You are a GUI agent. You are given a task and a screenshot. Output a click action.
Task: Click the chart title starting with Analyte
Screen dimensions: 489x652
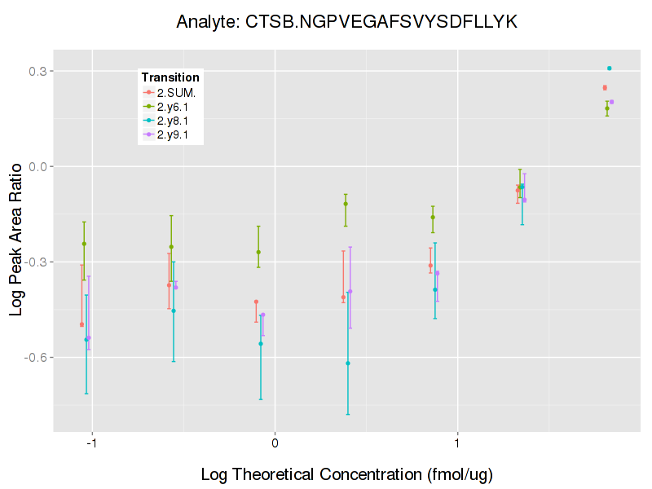(x=346, y=22)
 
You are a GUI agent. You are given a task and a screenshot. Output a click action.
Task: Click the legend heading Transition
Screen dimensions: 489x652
(x=170, y=77)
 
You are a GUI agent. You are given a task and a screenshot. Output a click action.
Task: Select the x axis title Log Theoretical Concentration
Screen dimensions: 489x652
(x=346, y=474)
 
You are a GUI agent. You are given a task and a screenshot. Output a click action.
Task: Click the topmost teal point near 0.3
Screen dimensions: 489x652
(x=609, y=68)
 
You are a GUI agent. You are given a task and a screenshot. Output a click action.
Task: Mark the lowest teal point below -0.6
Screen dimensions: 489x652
(x=348, y=363)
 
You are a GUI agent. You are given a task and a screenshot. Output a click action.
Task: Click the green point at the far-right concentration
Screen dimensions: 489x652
(x=606, y=108)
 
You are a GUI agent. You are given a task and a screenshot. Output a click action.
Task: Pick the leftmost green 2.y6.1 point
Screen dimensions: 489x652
(x=84, y=244)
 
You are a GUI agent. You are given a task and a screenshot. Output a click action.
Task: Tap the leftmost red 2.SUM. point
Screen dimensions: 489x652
(x=81, y=324)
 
